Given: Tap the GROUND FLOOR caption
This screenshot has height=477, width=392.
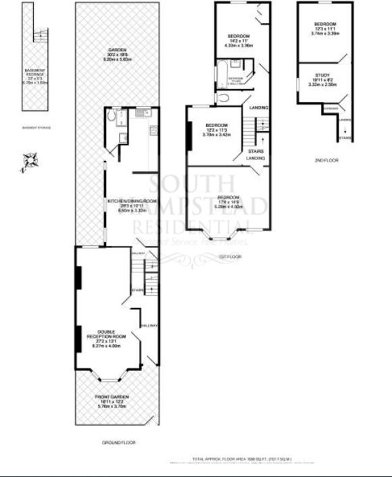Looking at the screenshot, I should [x=118, y=443].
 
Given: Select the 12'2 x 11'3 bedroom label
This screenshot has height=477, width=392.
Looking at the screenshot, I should [x=216, y=130].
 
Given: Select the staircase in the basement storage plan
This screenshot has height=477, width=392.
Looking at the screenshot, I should [x=41, y=36].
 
